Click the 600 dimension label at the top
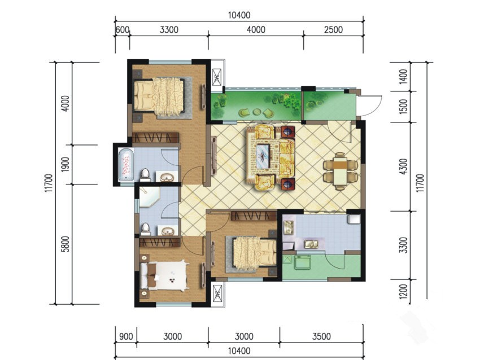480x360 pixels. pos(123,30)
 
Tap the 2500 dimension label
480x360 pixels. pos(333,30)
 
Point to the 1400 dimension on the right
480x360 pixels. pos(404,77)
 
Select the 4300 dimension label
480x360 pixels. pos(404,166)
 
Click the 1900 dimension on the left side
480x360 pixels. pos(66,164)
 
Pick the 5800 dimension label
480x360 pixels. pos(66,244)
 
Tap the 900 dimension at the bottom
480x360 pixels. pos(126,336)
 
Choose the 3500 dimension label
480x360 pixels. pos(321,336)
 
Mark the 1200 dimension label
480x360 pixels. pos(404,292)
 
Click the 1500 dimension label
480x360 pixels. pos(404,107)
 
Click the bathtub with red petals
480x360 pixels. pos(126,165)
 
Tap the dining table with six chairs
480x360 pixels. pos(341,171)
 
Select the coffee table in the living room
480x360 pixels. pos(263,156)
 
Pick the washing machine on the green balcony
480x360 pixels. pos(303,263)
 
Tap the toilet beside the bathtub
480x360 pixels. pos(145,175)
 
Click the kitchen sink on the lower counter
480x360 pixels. pos(311,244)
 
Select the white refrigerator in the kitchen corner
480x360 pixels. pos(354,219)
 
